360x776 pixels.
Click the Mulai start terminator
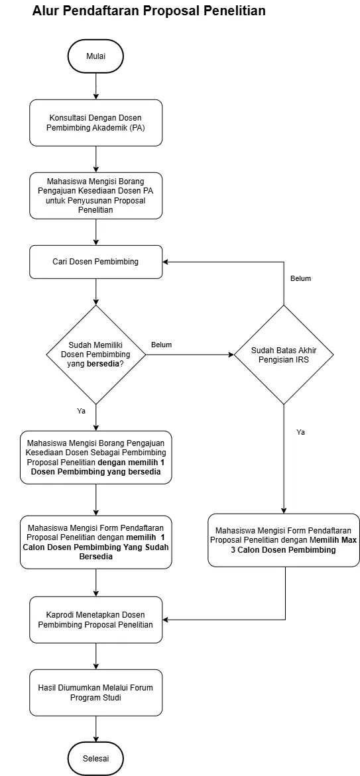(95, 56)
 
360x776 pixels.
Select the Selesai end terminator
(95, 758)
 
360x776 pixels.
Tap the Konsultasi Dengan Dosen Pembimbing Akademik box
(95, 123)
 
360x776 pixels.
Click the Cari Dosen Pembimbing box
(95, 261)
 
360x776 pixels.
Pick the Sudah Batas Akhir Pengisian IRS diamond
(284, 355)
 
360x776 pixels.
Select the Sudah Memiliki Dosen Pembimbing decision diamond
(95, 355)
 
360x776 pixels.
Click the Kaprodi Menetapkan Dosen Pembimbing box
(95, 620)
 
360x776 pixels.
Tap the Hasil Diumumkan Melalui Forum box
(95, 693)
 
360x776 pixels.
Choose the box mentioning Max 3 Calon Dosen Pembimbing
(284, 540)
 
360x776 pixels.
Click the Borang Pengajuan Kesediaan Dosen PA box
(95, 195)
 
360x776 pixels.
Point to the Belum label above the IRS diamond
(300, 278)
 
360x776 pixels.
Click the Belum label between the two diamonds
(161, 345)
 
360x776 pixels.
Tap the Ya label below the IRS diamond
(300, 432)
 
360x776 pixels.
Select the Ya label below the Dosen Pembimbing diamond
(81, 411)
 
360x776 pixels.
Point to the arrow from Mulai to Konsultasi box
(95, 85)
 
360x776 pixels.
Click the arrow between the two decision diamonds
(190, 355)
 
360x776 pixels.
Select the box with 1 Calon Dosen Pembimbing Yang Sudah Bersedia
(95, 543)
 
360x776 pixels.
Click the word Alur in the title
(45, 11)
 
